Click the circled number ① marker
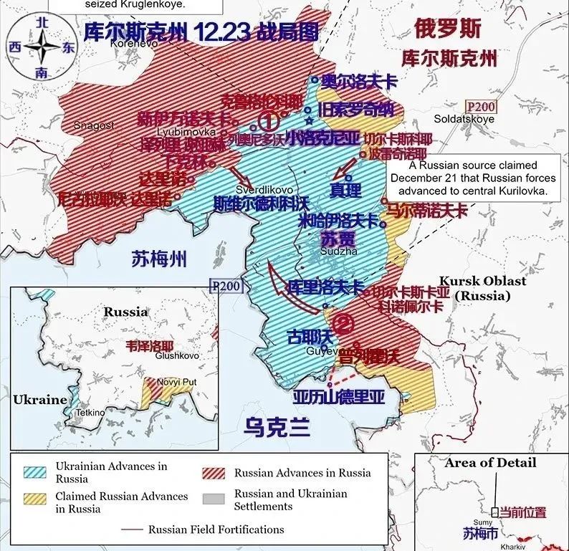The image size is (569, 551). click(267, 120)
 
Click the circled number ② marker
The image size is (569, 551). click(344, 323)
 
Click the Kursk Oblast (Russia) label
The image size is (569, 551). click(482, 288)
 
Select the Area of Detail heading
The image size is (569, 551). click(489, 463)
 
